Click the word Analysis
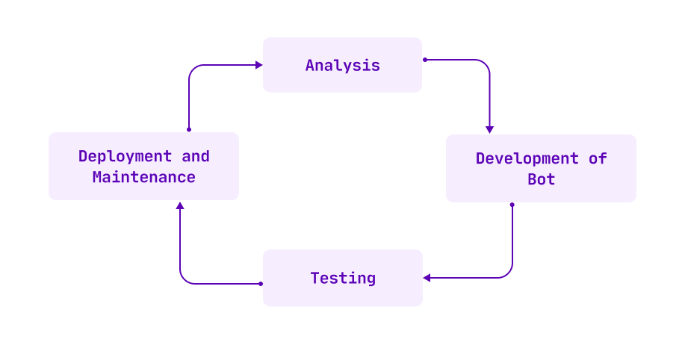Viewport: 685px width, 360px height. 342,66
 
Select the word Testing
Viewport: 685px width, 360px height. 343,279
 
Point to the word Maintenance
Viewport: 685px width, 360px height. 143,178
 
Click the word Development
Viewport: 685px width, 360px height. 527,158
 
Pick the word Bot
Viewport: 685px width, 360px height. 541,180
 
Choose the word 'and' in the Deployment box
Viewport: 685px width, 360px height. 196,157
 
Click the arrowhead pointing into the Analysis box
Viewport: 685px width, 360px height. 258,65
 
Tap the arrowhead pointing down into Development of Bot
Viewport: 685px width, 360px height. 490,129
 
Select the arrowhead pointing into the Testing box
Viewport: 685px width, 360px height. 427,278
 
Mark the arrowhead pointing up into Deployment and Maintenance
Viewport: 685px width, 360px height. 180,205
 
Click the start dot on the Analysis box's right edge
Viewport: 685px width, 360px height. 424,59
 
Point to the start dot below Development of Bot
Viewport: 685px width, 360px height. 512,204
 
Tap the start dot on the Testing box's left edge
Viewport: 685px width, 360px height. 260,284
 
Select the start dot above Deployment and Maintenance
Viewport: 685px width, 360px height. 188,129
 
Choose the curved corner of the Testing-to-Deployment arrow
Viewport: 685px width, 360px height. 183,280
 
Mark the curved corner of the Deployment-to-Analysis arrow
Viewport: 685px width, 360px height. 192,69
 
